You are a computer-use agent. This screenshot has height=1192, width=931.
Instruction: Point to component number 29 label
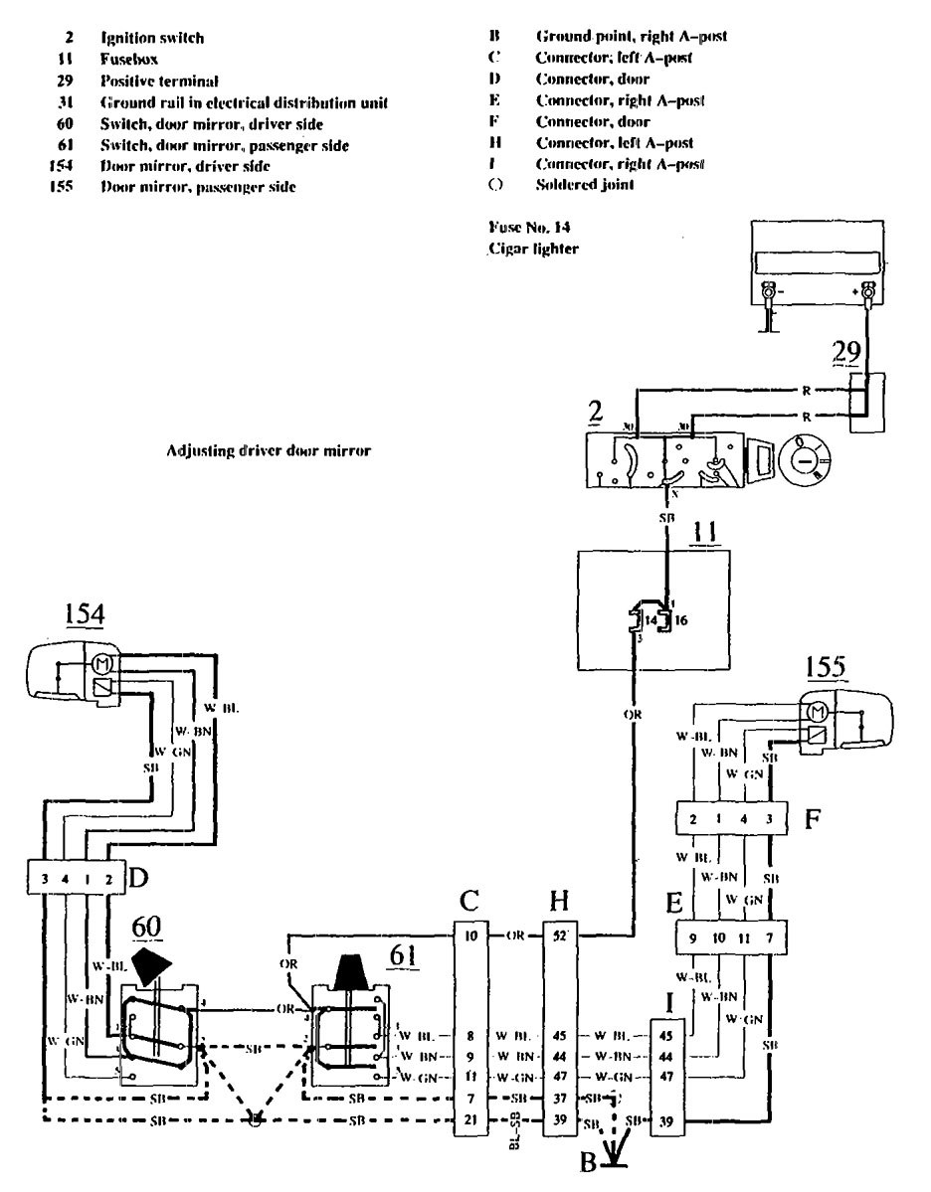(x=845, y=356)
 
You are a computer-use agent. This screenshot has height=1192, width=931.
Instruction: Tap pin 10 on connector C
(x=469, y=937)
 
